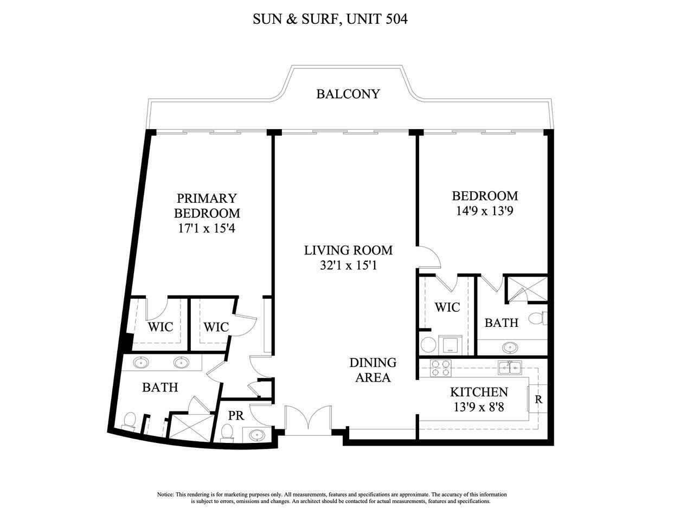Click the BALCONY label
[x=348, y=94]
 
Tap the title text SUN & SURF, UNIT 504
[x=330, y=20]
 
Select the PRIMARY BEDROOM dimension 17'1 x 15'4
[x=207, y=228]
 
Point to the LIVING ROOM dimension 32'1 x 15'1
[x=348, y=266]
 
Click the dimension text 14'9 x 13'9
[x=485, y=210]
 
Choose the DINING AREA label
[x=373, y=370]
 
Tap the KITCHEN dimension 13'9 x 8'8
[x=479, y=406]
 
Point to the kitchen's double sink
[x=510, y=367]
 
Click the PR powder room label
[x=236, y=416]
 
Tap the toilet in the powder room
[x=227, y=432]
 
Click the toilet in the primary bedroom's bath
[x=130, y=420]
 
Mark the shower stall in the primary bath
[x=190, y=426]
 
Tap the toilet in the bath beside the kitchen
[x=537, y=318]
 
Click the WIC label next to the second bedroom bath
[x=447, y=307]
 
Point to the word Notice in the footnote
[x=165, y=494]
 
